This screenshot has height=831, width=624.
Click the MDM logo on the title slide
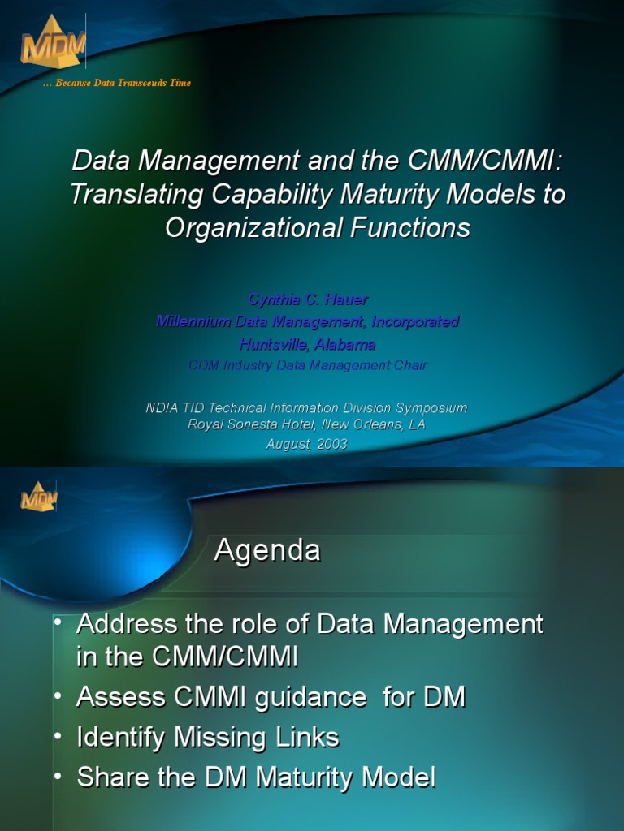(50, 42)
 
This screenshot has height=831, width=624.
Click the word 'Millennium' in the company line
(194, 321)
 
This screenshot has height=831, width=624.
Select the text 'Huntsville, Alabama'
(307, 344)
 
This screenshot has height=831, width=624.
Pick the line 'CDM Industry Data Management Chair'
(307, 365)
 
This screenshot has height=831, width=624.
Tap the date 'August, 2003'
(307, 444)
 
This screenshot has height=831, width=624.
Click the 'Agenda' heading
(267, 552)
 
